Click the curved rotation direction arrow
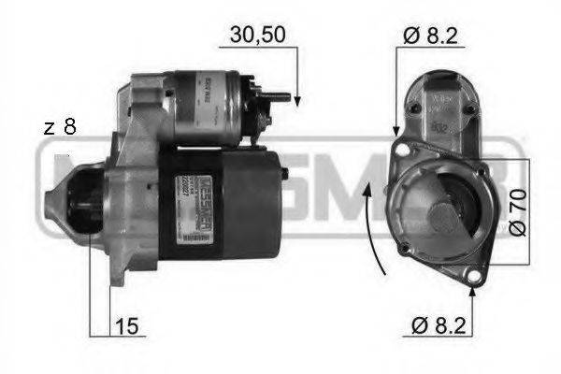coord(372,229)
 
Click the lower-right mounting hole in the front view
coord(475,276)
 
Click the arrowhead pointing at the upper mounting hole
coord(398,131)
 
